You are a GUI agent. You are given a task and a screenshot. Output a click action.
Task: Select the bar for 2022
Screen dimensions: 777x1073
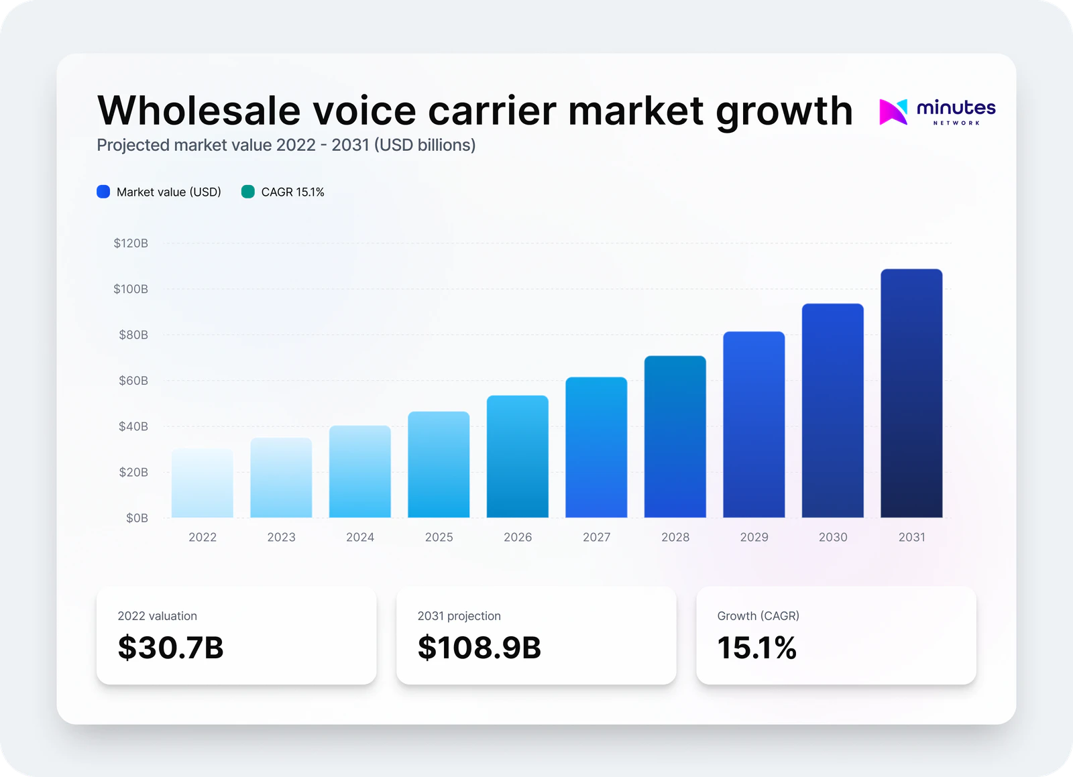point(203,483)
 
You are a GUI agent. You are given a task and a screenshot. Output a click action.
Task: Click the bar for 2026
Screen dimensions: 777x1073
point(518,457)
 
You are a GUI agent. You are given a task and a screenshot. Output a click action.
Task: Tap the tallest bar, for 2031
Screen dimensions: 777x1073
point(911,394)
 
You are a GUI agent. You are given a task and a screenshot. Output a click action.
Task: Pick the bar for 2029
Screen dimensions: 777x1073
point(754,424)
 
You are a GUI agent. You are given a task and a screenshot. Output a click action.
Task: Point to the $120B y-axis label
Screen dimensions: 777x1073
point(131,243)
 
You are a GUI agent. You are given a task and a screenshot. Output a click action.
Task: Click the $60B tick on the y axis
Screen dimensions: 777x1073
point(133,381)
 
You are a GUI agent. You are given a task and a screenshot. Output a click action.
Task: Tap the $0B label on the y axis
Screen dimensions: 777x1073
point(137,518)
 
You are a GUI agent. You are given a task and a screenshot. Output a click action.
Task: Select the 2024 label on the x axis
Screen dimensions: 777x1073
point(360,537)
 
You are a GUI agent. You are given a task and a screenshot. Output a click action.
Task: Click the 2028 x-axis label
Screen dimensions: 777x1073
point(675,537)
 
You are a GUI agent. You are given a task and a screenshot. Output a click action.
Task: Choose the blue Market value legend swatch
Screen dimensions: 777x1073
point(103,192)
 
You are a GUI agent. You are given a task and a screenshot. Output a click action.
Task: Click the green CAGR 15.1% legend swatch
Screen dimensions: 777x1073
point(248,192)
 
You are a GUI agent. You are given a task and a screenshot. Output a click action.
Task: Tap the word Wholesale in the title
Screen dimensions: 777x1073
point(199,111)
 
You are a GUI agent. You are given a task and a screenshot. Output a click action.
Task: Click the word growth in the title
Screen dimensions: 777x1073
point(784,112)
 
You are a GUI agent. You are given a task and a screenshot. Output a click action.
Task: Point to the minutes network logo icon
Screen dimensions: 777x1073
point(893,111)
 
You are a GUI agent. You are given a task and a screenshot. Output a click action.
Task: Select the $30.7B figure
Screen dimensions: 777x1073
point(170,648)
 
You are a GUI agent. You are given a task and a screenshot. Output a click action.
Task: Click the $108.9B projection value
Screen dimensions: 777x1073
point(479,648)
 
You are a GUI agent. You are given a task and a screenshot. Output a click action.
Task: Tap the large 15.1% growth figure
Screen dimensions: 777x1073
point(756,648)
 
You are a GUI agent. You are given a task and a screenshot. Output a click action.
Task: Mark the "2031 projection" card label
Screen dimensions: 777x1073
point(459,616)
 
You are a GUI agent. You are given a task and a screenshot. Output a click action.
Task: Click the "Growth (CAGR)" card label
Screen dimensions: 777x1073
point(758,616)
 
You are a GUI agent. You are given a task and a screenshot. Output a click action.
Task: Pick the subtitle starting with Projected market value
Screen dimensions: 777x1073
point(286,145)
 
